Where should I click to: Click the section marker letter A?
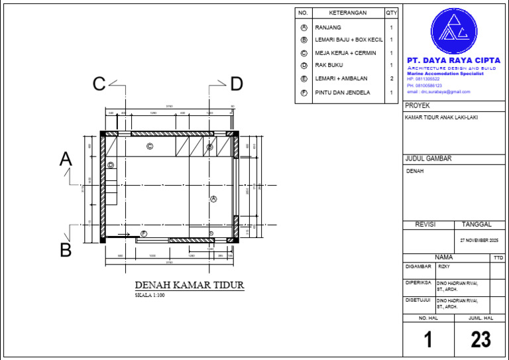(66, 159)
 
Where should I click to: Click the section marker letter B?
(66, 250)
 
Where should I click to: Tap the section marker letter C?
(99, 84)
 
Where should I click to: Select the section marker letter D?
(237, 84)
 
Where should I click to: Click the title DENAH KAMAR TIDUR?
(190, 285)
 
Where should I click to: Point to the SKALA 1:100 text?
(150, 295)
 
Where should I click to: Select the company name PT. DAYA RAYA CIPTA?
(453, 60)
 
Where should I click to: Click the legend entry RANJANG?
(328, 28)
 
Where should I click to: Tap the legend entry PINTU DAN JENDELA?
(343, 93)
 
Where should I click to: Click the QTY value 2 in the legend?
(392, 78)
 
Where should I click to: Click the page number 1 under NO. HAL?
(428, 339)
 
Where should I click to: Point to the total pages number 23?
(481, 339)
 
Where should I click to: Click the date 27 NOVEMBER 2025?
(479, 240)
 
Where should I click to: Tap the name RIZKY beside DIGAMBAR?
(444, 266)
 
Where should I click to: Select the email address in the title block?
(438, 91)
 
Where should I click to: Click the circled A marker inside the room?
(213, 199)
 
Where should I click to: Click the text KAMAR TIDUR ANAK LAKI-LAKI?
(441, 118)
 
